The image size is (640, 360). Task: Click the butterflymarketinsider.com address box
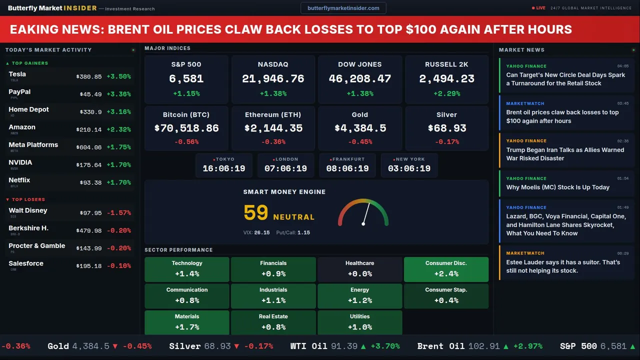(x=343, y=8)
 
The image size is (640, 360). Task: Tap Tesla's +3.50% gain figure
(x=118, y=76)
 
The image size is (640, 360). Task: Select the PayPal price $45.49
(x=90, y=94)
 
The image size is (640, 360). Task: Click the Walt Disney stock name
(x=28, y=210)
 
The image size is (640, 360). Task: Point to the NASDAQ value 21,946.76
(x=273, y=79)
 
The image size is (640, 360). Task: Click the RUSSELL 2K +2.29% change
(x=446, y=93)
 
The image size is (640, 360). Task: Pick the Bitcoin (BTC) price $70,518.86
(x=186, y=128)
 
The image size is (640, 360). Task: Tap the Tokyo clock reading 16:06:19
(x=224, y=168)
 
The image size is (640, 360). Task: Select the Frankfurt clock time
(x=347, y=168)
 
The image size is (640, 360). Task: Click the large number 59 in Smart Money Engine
(x=256, y=213)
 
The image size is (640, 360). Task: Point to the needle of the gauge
(x=366, y=213)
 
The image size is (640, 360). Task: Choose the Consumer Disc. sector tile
(x=446, y=269)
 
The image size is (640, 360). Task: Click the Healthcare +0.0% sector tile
(x=359, y=269)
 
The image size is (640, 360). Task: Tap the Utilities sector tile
(x=359, y=322)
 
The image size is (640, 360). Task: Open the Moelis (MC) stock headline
(x=557, y=187)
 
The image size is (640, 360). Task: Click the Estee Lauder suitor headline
(x=563, y=266)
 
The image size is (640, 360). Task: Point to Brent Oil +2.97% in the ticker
(x=528, y=346)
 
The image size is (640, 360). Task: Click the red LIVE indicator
(x=539, y=8)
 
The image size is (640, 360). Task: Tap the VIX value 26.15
(x=261, y=232)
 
